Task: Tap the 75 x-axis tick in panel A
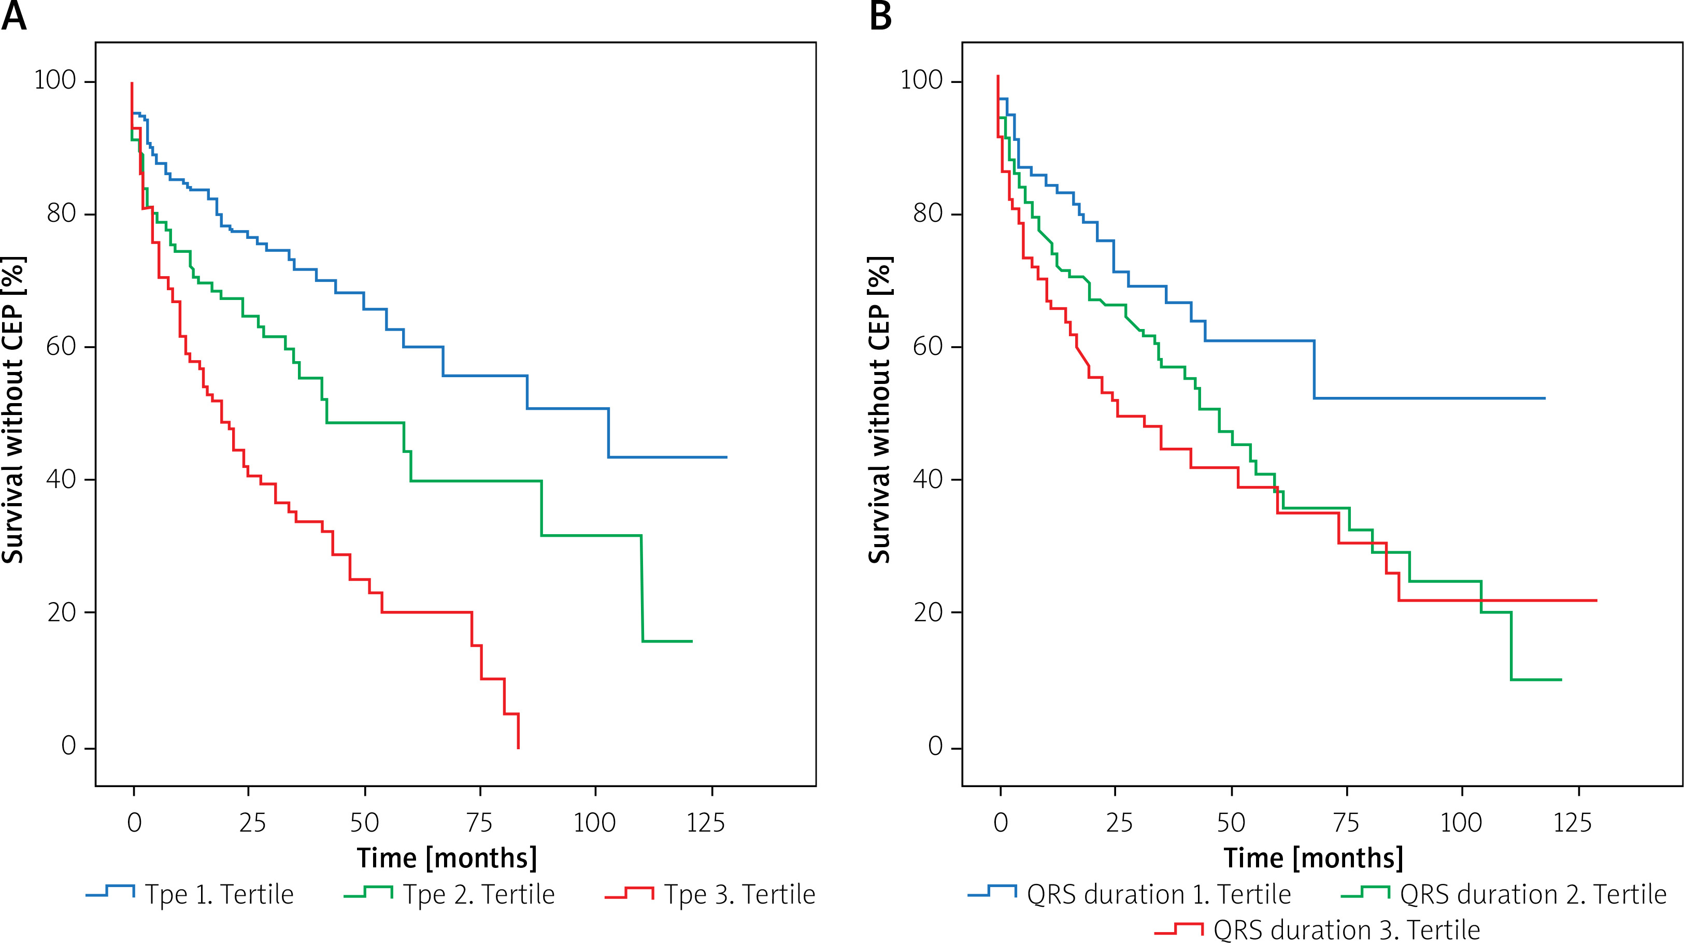[x=480, y=823]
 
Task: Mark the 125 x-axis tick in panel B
[x=1572, y=823]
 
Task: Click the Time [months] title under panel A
[x=447, y=858]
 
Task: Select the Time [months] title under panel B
[x=1314, y=858]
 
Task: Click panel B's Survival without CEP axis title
[x=880, y=410]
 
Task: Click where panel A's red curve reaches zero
[x=518, y=748]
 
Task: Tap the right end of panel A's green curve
[x=692, y=641]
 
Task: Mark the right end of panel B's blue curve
[x=1545, y=398]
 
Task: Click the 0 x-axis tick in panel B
[x=1000, y=823]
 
